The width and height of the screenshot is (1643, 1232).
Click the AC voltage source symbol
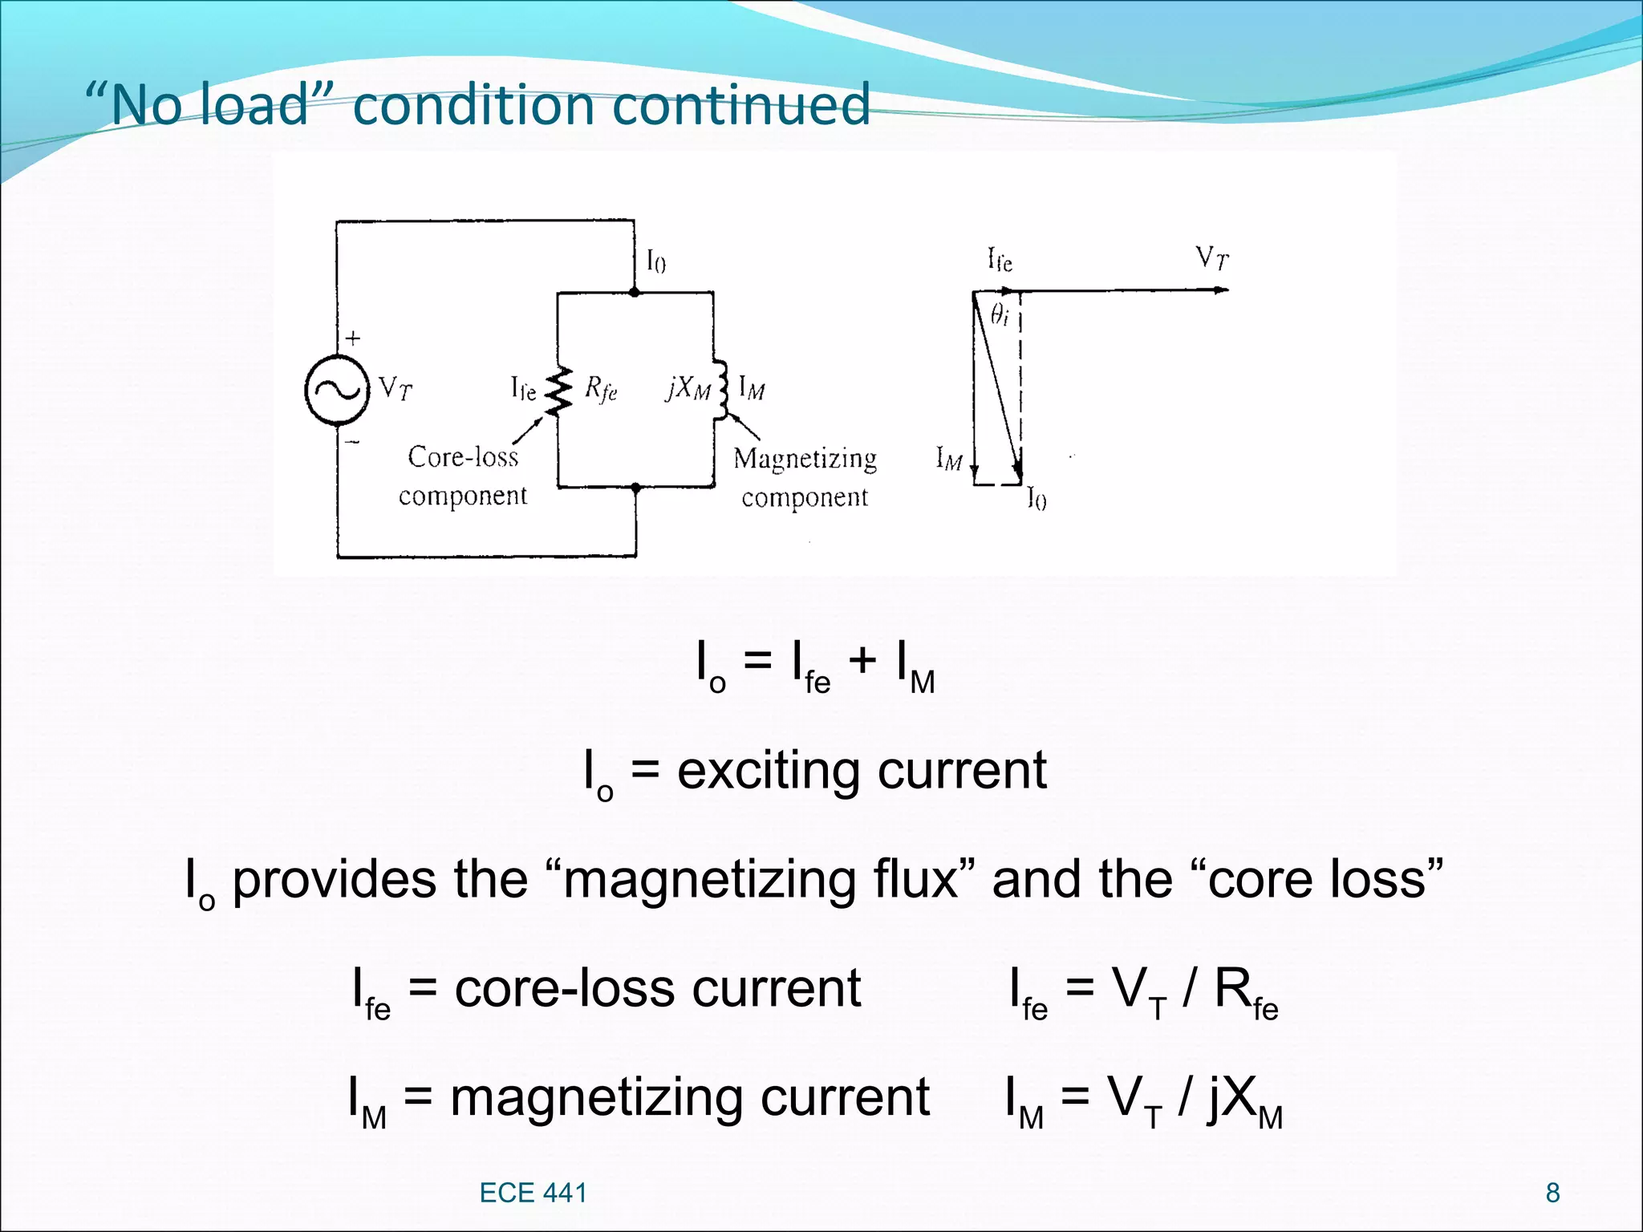(337, 390)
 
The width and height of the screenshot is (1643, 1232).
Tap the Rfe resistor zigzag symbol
(559, 391)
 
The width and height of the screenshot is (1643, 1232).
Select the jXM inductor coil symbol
(721, 390)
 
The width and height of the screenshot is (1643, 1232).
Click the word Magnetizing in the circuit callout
(805, 459)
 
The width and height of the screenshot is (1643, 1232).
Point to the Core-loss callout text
(463, 457)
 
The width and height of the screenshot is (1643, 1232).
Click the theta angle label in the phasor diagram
(999, 314)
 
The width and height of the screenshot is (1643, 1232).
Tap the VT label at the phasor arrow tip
(1211, 258)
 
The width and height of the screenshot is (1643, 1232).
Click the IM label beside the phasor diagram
(949, 459)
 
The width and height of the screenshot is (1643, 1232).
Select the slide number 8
(1552, 1193)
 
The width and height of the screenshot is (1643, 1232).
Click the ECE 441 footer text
(533, 1193)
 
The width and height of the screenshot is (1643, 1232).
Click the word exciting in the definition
(769, 771)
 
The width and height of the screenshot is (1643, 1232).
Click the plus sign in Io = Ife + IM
(862, 661)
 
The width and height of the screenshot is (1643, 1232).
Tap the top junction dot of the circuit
(635, 293)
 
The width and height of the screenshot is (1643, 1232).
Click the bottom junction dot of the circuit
(636, 487)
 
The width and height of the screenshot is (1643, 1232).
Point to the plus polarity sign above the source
(353, 338)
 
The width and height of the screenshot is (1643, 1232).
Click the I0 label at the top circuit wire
(655, 261)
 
